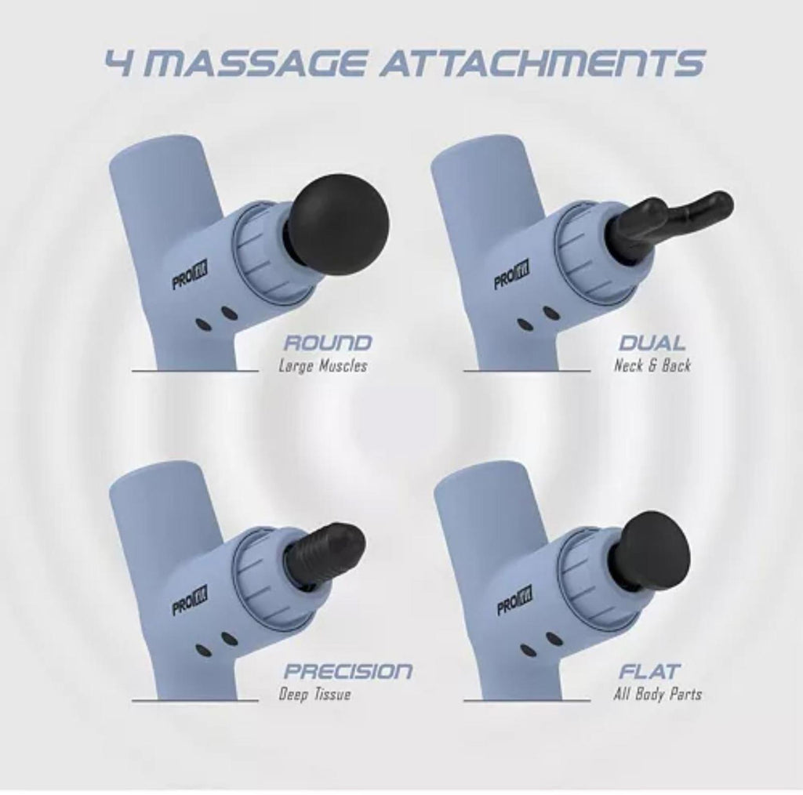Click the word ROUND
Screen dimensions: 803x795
pos(327,343)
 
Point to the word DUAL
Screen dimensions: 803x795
pos(652,343)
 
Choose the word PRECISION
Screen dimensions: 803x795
pos(347,670)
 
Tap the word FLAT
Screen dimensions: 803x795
pos(649,670)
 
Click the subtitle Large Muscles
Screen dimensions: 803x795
pos(322,366)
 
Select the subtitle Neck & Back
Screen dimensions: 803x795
pos(652,365)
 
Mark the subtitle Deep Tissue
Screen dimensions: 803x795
pos(314,694)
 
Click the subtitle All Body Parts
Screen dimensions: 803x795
pos(658,694)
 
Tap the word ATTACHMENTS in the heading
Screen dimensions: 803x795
pos(542,63)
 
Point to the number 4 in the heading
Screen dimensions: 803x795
pos(119,63)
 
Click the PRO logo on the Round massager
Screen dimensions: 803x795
pos(190,277)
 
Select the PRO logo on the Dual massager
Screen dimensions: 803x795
pos(511,275)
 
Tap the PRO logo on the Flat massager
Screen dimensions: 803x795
pos(514,600)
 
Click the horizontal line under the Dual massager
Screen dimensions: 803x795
pos(527,371)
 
